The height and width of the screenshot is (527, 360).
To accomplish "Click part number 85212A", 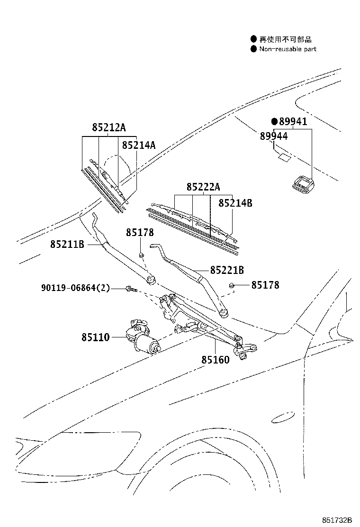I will tap(109, 127).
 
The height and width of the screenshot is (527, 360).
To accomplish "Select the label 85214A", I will tap(139, 145).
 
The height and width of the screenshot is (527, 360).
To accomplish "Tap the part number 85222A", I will tap(203, 187).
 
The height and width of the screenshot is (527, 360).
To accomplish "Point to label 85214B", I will tap(235, 203).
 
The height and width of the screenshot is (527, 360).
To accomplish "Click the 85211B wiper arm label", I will tap(67, 244).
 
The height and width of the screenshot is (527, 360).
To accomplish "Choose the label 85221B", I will tap(227, 270).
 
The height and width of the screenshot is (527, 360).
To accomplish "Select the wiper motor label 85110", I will tap(95, 337).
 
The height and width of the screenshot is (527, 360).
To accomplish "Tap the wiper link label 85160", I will tap(215, 360).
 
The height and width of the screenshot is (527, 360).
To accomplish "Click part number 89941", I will tap(293, 122).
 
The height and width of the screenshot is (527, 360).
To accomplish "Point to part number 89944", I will tap(274, 136).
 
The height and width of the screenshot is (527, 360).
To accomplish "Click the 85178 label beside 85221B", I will tap(265, 285).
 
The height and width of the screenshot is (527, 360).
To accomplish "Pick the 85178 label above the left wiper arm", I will tap(140, 233).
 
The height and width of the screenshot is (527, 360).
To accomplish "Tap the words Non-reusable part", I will tap(288, 49).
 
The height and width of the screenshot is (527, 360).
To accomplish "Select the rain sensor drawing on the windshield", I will tap(301, 184).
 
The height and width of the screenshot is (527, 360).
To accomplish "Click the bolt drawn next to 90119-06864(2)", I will tap(131, 288).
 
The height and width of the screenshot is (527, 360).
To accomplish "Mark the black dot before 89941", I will tap(274, 122).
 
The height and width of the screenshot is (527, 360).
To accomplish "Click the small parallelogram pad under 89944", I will tap(285, 157).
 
